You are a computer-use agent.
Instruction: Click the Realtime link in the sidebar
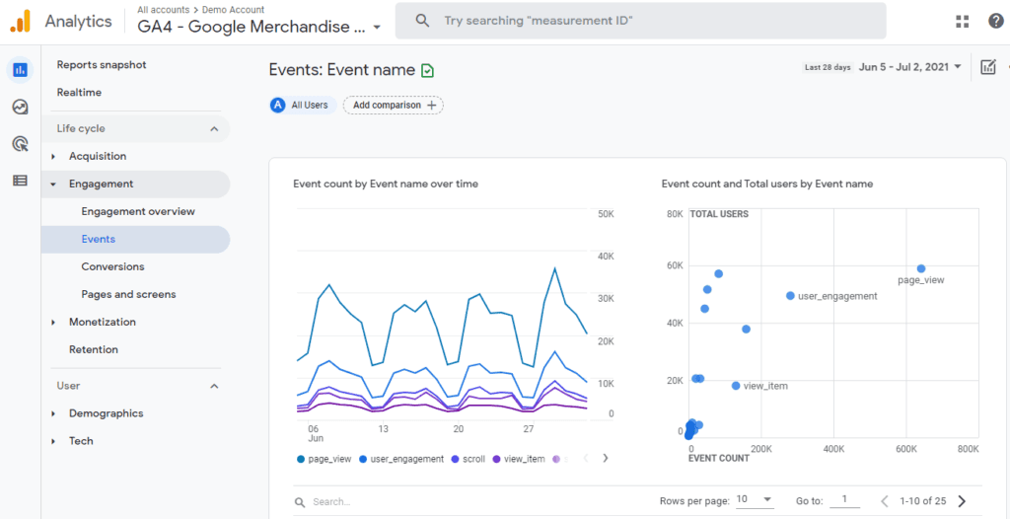79,93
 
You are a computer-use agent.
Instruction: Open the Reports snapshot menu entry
102,65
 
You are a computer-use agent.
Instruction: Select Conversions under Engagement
112,266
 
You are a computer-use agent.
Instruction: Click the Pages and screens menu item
128,294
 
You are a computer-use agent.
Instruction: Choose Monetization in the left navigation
103,322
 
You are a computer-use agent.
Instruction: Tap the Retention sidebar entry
94,349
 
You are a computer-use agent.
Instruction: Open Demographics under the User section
106,413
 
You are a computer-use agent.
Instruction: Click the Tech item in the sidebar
81,441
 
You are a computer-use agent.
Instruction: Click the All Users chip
302,105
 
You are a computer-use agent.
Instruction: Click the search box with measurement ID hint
641,21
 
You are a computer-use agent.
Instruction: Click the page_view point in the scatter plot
921,268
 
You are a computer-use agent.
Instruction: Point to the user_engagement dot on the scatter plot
790,296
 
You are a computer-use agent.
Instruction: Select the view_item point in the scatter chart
736,386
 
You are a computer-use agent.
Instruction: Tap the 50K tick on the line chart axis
606,214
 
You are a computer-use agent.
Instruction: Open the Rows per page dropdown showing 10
755,500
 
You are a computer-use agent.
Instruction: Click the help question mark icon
995,21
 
